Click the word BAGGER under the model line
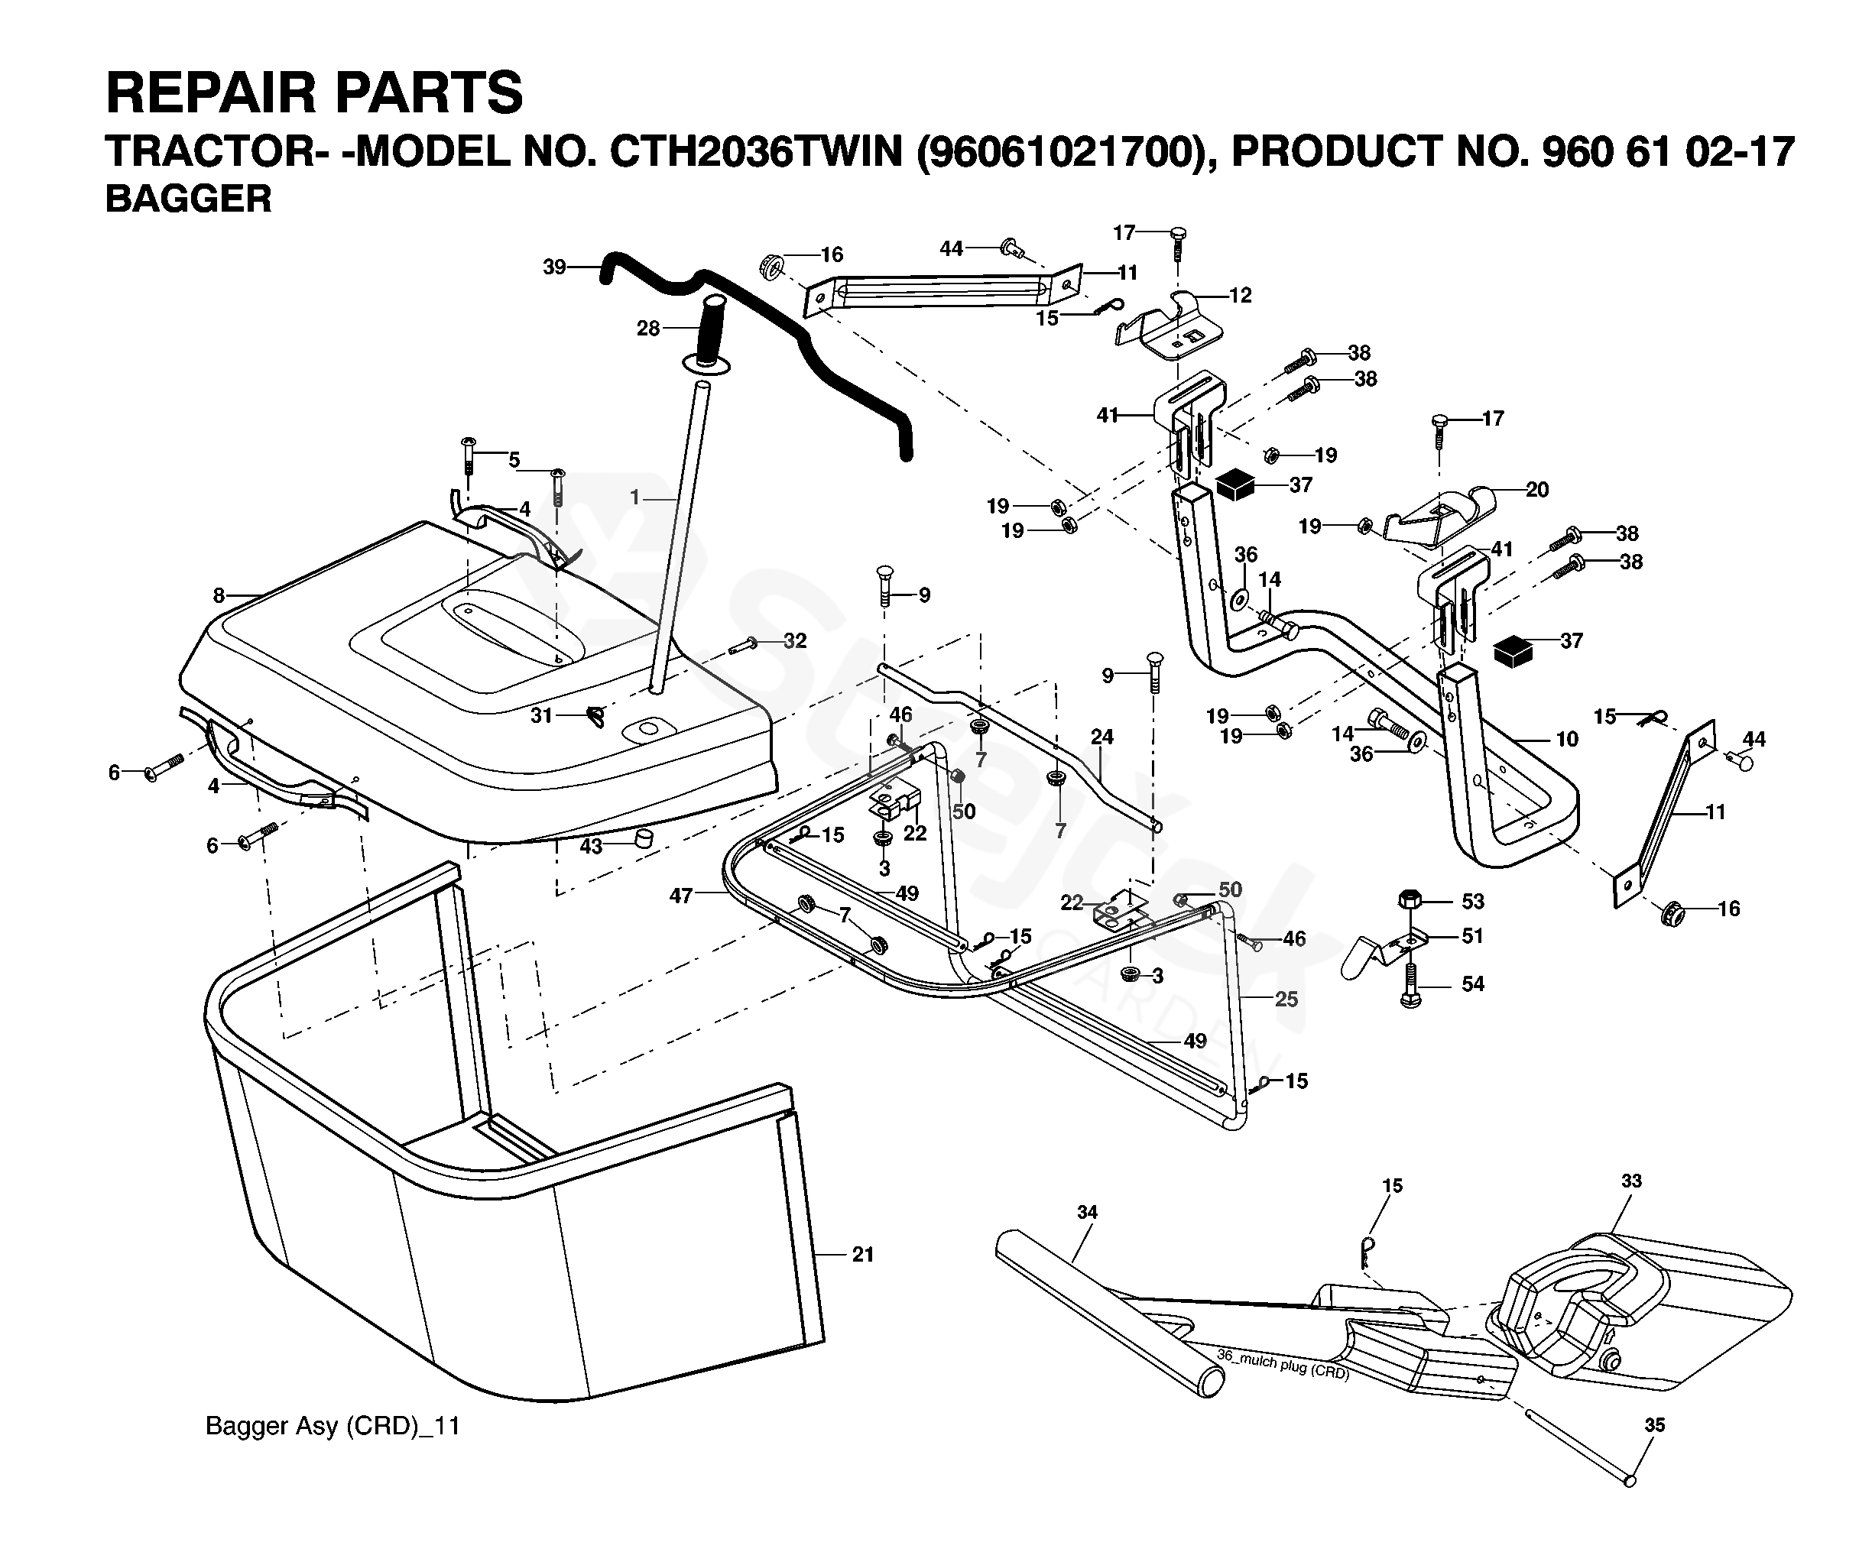click(188, 199)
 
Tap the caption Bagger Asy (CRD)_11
click(333, 1426)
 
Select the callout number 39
click(555, 266)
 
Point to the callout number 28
click(649, 329)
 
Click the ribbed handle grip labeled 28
click(712, 330)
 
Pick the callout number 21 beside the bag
click(862, 1255)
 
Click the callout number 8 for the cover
click(219, 596)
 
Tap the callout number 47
click(680, 896)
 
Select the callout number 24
click(1102, 737)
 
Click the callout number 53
click(1473, 902)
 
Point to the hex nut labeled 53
click(1410, 899)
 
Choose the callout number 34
click(1087, 1212)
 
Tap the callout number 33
click(1632, 1181)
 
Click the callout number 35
click(1655, 1426)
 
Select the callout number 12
click(1241, 296)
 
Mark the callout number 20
click(1537, 489)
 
